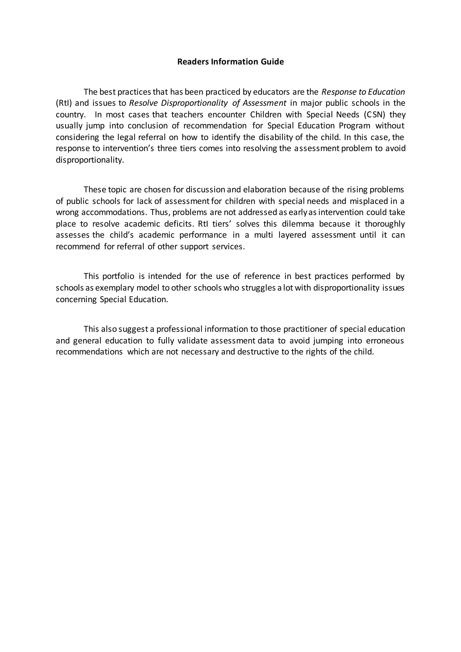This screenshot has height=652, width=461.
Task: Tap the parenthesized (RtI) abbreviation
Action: click(64, 103)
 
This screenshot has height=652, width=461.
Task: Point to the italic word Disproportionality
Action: click(194, 103)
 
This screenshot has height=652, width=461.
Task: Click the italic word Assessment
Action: click(264, 103)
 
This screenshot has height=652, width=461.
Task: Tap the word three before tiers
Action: click(167, 149)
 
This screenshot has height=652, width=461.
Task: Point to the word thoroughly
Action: click(385, 224)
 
